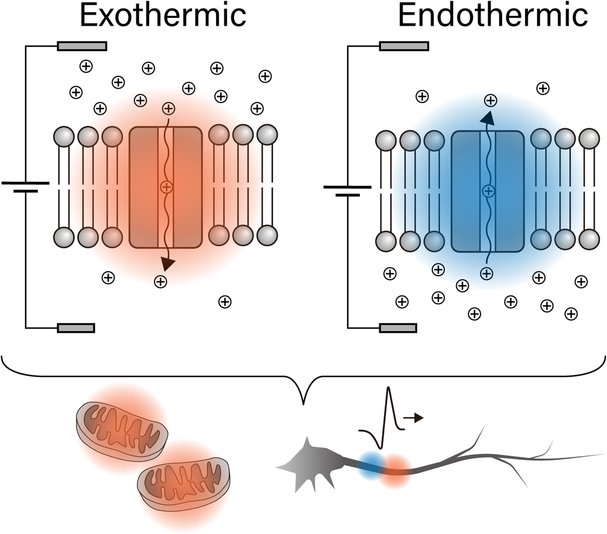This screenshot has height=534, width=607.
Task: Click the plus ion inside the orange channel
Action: point(166,187)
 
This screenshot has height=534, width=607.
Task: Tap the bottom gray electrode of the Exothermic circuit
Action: point(76,328)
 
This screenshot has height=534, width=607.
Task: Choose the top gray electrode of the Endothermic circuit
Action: point(404,46)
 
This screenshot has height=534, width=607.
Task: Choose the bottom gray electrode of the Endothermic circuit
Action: point(398,328)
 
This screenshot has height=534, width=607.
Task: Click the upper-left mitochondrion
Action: point(122,428)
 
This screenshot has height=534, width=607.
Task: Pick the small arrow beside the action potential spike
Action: point(414,417)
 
